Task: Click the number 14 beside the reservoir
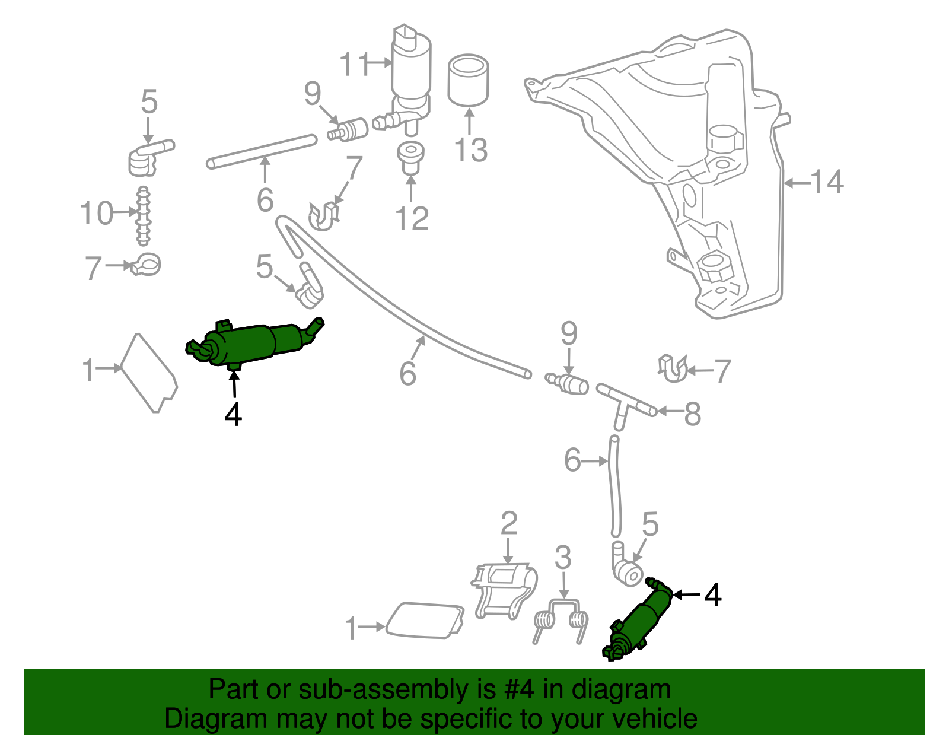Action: (827, 182)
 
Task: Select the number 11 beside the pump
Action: (355, 64)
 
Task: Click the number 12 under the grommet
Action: (412, 219)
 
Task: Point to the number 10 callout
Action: (97, 213)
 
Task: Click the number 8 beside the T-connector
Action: (692, 414)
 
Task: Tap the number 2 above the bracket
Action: (509, 524)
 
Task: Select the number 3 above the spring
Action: (563, 558)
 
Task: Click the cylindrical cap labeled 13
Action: (468, 80)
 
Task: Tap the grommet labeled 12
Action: (410, 157)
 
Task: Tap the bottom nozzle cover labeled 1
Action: (424, 621)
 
